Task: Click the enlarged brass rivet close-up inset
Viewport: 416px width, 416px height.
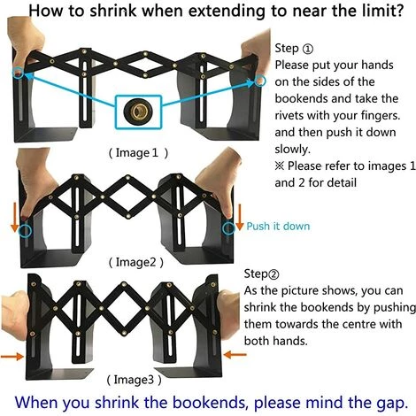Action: pyautogui.click(x=138, y=112)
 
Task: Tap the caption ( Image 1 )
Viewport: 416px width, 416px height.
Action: pyautogui.click(x=138, y=153)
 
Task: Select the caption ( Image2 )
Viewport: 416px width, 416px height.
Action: pyautogui.click(x=136, y=262)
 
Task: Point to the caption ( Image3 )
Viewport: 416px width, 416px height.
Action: pyautogui.click(x=135, y=380)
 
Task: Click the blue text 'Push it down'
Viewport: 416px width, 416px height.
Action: pyautogui.click(x=278, y=227)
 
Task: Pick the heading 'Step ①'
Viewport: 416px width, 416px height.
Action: pyautogui.click(x=294, y=49)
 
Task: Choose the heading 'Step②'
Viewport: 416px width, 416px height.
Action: pyautogui.click(x=261, y=273)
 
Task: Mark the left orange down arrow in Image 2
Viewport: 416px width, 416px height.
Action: pyautogui.click(x=15, y=219)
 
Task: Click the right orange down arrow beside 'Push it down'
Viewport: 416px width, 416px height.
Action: pyautogui.click(x=240, y=217)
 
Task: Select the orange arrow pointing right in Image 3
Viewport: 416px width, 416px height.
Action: pyautogui.click(x=12, y=357)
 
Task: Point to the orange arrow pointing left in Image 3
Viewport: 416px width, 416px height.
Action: pyautogui.click(x=235, y=354)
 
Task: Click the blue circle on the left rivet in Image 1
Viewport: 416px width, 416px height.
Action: pyautogui.click(x=19, y=73)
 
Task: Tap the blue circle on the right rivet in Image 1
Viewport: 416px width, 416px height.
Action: pyautogui.click(x=259, y=81)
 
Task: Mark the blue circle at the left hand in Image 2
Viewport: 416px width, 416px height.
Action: pyautogui.click(x=25, y=230)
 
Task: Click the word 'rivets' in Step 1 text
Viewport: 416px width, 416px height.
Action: pyautogui.click(x=289, y=115)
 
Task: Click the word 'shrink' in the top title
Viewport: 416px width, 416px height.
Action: pyautogui.click(x=113, y=11)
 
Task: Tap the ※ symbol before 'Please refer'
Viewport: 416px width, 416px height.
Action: pyautogui.click(x=280, y=166)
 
